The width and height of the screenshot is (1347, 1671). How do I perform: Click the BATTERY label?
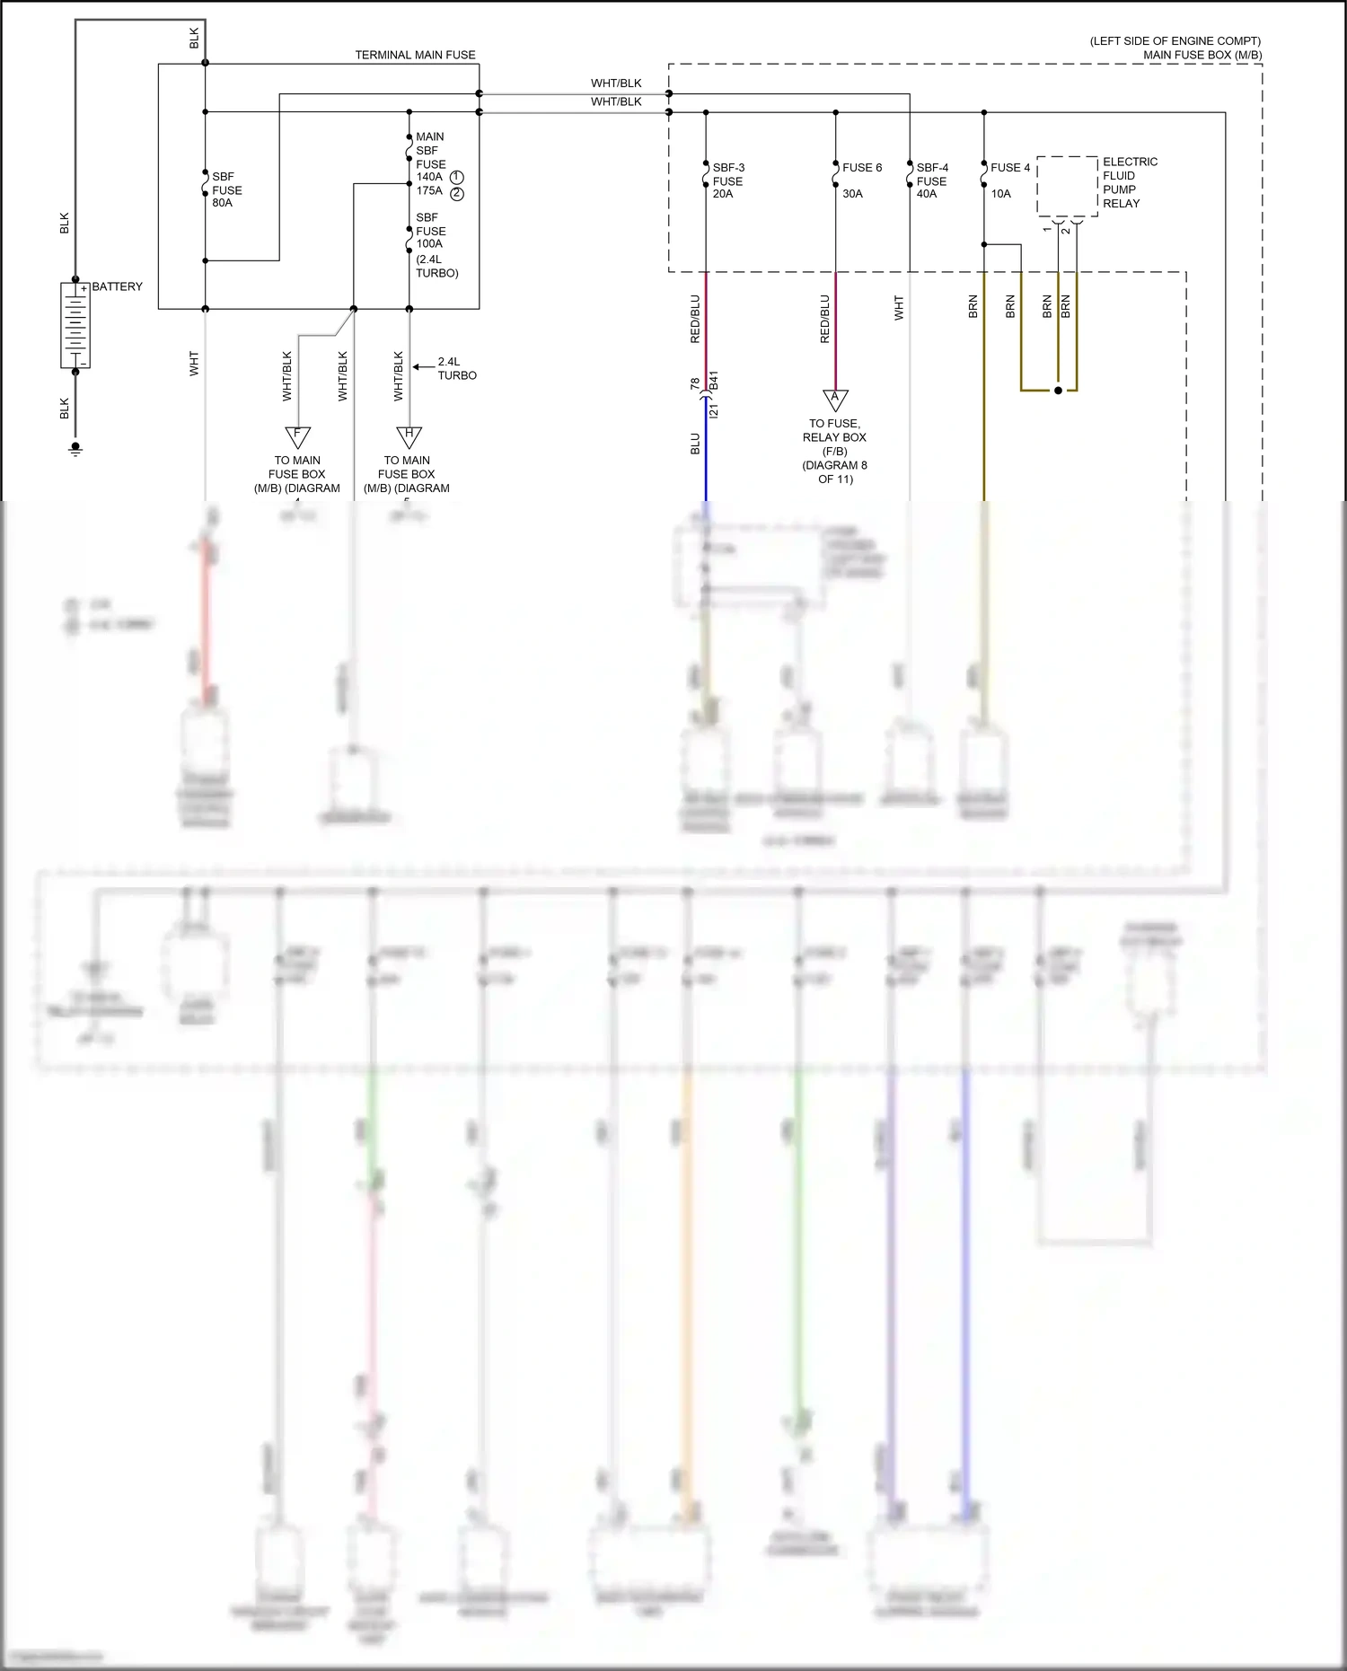click(x=117, y=286)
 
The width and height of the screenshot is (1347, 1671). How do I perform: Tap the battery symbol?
click(x=75, y=325)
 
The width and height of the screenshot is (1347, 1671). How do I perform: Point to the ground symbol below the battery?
click(x=75, y=448)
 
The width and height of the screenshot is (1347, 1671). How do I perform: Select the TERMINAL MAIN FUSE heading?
click(x=415, y=55)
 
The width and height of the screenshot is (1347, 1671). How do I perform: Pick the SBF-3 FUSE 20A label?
click(x=727, y=180)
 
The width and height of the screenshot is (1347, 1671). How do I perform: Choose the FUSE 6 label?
click(x=862, y=168)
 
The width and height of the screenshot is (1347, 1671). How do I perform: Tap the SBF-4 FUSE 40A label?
click(x=932, y=180)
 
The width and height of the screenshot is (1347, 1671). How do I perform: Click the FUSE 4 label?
click(x=1010, y=168)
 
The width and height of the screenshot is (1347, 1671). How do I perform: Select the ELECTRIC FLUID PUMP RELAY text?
click(x=1130, y=182)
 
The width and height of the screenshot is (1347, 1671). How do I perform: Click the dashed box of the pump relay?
click(x=1067, y=187)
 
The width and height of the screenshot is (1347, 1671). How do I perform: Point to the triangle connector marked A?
click(x=835, y=399)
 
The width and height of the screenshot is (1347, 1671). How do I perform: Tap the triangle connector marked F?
click(x=297, y=436)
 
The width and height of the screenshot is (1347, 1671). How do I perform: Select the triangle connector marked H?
click(x=409, y=436)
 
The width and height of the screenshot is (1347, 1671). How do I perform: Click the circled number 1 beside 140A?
click(x=457, y=177)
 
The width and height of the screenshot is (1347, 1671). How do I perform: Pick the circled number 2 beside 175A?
click(x=457, y=193)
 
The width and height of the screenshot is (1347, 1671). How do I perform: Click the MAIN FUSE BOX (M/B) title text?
click(x=1202, y=55)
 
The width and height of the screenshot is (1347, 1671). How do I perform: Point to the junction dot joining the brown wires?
click(x=1058, y=391)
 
